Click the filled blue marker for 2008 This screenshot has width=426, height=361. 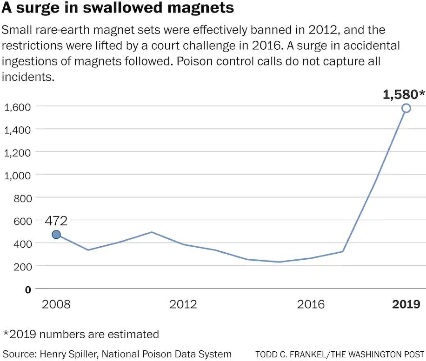pyautogui.click(x=56, y=235)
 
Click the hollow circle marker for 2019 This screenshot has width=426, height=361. pyautogui.click(x=406, y=108)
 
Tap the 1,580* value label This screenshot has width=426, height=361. pyautogui.click(x=404, y=95)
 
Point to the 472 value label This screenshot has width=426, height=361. pyautogui.click(x=56, y=220)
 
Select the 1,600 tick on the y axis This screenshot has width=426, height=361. pyautogui.click(x=17, y=107)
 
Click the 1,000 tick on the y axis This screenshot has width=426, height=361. pyautogui.click(x=17, y=175)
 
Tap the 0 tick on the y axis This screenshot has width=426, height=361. pyautogui.click(x=27, y=289)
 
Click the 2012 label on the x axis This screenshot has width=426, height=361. pyautogui.click(x=183, y=304)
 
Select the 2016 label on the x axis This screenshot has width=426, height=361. pyautogui.click(x=311, y=304)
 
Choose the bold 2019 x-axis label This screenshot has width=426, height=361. pyautogui.click(x=406, y=304)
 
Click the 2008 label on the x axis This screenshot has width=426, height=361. pyautogui.click(x=56, y=304)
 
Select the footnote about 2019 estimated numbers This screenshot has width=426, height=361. pyautogui.click(x=81, y=334)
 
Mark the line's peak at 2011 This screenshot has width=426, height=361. pyautogui.click(x=152, y=232)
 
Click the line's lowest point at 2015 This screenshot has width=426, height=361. pyautogui.click(x=279, y=262)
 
